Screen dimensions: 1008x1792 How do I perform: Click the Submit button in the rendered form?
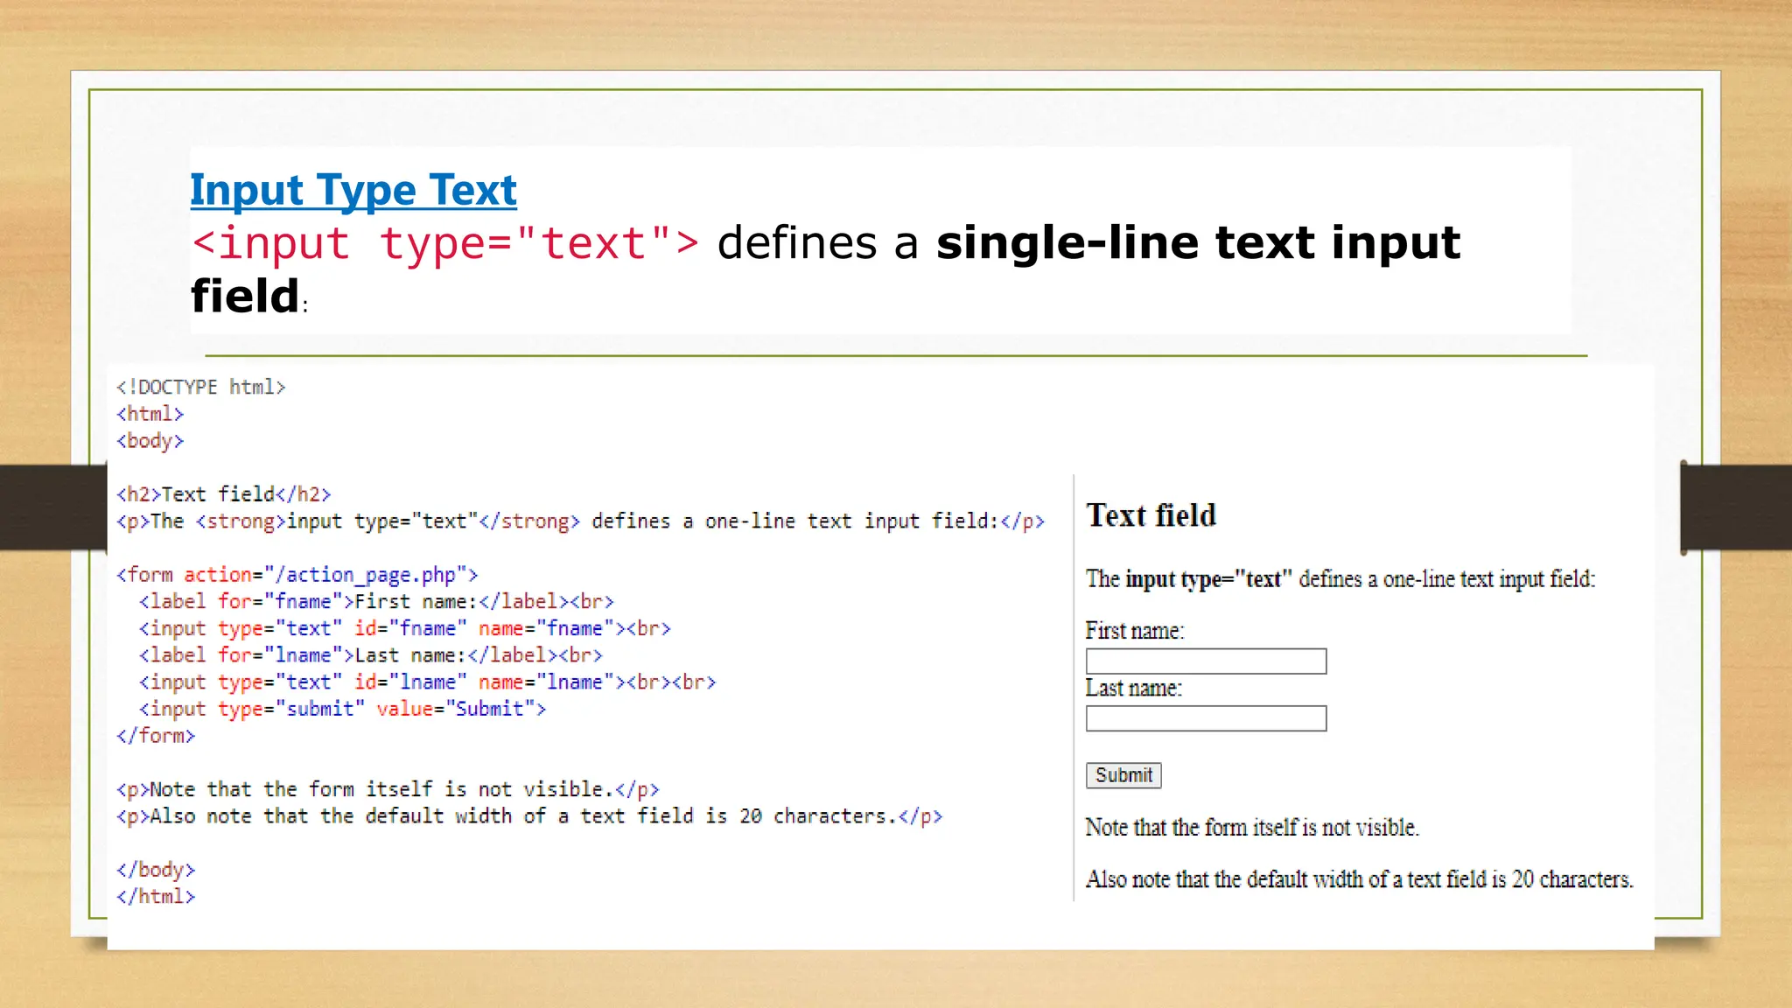pos(1123,775)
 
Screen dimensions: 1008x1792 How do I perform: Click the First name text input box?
pos(1206,661)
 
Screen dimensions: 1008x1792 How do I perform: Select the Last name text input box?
pos(1206,718)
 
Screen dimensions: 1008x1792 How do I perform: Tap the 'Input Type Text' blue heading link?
pos(353,190)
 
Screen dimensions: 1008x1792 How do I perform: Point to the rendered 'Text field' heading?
pos(1151,515)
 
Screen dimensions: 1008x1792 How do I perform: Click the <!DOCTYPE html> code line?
pos(201,387)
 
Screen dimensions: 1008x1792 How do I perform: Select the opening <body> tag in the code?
pos(150,440)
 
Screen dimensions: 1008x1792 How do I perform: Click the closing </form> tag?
pos(156,736)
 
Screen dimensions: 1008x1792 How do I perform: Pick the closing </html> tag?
pos(156,896)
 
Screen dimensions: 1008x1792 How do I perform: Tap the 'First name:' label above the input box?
pos(1134,631)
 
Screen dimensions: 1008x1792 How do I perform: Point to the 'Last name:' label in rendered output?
pos(1133,689)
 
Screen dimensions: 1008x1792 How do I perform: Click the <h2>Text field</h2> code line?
pos(224,494)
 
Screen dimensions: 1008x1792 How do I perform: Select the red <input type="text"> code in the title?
pos(445,243)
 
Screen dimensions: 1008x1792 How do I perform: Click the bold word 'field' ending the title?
pos(245,296)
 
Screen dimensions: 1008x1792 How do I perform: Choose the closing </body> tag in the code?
pos(156,870)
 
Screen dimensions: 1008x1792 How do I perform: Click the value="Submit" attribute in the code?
pos(460,709)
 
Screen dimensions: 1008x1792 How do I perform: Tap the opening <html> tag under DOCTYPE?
pos(150,414)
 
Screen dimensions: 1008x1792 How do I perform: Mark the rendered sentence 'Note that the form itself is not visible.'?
pos(1251,827)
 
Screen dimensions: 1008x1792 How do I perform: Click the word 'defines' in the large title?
pos(796,243)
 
